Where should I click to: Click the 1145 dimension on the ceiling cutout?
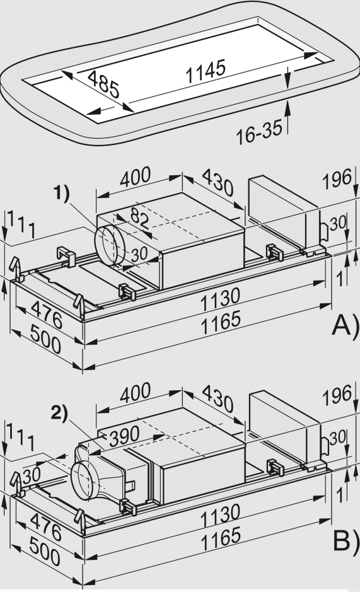pos(206,74)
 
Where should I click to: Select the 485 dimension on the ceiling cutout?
pos(103,85)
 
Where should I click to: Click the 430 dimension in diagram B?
pos(218,399)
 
